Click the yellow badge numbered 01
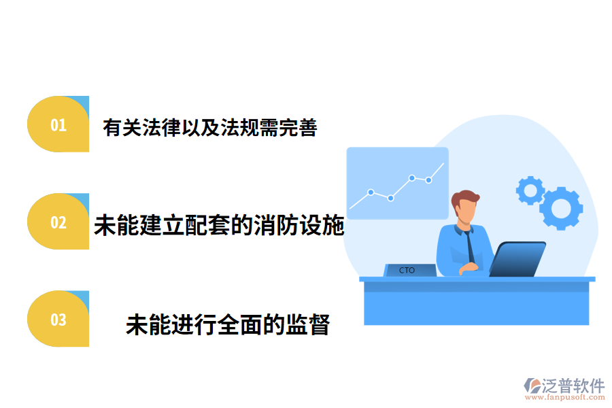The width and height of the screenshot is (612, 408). (x=58, y=124)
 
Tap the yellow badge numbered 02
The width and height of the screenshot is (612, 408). (x=58, y=222)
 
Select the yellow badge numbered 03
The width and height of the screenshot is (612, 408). (x=58, y=319)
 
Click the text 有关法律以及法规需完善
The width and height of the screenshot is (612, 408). (x=210, y=127)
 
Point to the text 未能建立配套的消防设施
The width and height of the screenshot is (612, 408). (x=219, y=225)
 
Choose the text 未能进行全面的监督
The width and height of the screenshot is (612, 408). (x=228, y=325)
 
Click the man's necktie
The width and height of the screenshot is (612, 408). (x=470, y=245)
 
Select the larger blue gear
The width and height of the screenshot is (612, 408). (x=561, y=207)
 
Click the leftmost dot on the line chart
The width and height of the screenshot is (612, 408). (x=371, y=192)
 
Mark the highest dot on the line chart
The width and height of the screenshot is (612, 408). (x=412, y=177)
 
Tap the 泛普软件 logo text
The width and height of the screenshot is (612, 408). (x=573, y=386)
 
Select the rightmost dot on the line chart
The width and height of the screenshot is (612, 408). (x=428, y=180)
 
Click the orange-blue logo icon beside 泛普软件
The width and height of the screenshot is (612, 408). (x=532, y=386)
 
